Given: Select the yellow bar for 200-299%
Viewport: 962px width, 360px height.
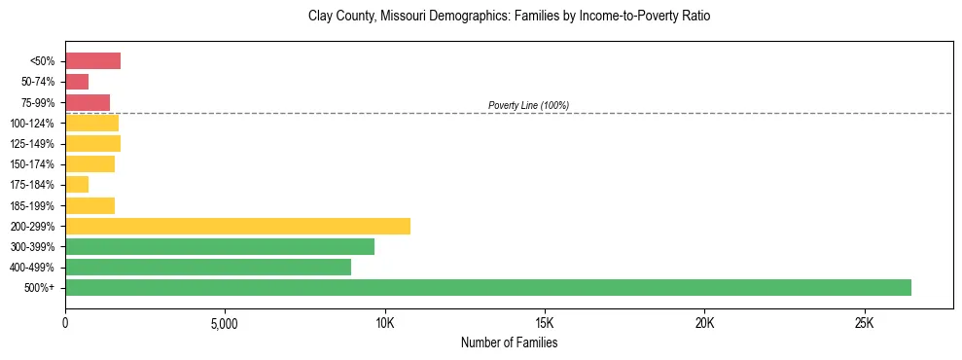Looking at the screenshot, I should [x=237, y=226].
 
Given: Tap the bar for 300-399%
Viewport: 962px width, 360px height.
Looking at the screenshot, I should [x=220, y=246].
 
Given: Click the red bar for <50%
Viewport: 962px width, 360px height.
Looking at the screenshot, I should [x=92, y=60].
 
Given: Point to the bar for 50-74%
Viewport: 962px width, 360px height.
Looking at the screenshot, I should [x=77, y=82].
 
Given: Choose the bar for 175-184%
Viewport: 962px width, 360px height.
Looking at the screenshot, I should [x=77, y=184].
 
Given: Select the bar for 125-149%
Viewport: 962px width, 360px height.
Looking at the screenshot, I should [x=92, y=143].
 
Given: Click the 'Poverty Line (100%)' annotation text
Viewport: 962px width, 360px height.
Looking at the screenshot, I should [x=528, y=105].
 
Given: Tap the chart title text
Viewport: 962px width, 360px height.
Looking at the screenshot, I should [x=509, y=17].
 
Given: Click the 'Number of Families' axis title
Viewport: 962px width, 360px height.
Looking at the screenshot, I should [x=509, y=342].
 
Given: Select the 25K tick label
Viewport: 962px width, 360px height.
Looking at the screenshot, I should [x=864, y=322].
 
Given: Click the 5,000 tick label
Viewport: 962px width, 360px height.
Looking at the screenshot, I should [x=225, y=322].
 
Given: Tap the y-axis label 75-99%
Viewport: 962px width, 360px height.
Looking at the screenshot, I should [x=39, y=102].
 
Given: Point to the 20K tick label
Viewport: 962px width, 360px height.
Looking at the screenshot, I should [x=704, y=322].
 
